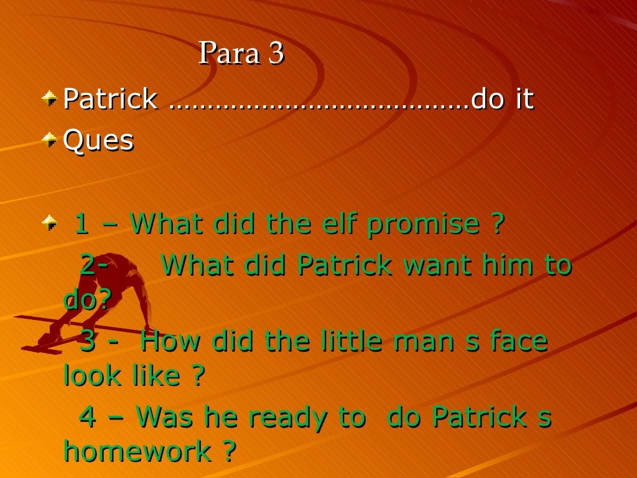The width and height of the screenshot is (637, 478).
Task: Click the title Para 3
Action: pos(241,54)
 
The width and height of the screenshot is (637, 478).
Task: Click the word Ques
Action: pos(98,141)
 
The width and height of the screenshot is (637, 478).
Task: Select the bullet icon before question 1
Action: pos(49,222)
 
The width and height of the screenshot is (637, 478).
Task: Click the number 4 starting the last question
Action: pos(88,417)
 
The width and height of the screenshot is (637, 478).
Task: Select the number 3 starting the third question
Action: pos(88,341)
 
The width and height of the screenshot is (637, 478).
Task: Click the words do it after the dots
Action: pos(503,99)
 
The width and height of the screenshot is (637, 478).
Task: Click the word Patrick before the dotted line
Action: pos(110,99)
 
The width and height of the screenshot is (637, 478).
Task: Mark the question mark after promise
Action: pos(496,224)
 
